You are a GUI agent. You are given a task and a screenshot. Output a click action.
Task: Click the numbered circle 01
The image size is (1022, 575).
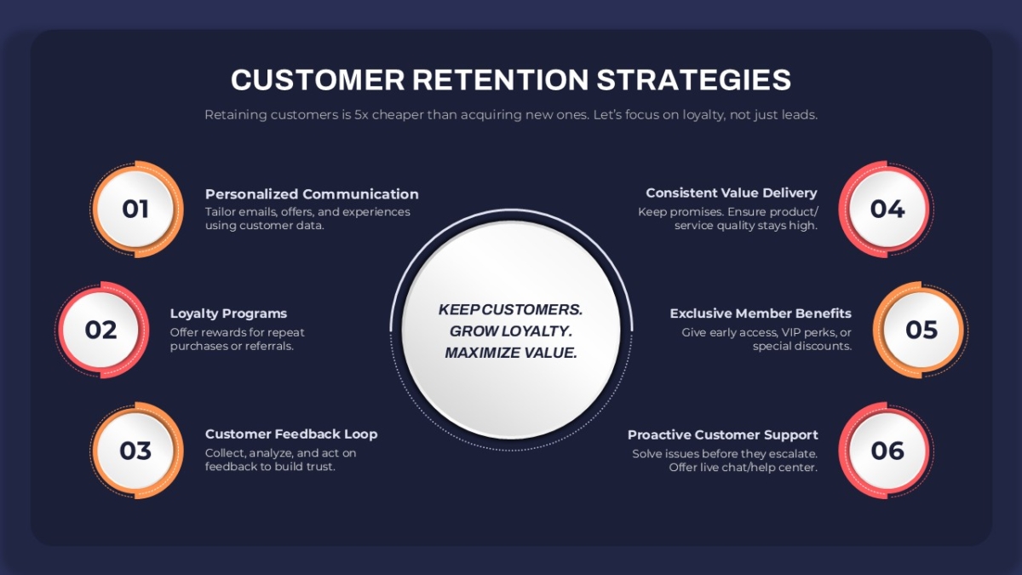136,209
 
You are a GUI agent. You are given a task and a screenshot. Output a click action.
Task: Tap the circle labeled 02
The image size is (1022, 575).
101,330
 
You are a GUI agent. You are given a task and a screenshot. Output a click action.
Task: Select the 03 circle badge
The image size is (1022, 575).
136,451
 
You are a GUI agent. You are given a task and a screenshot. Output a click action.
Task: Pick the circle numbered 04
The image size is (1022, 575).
887,209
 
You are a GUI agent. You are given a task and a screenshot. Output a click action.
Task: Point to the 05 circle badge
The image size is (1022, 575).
922,330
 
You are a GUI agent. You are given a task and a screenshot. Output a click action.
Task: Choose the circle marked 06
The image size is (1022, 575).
887,451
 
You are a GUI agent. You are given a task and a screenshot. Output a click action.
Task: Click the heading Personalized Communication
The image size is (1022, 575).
312,194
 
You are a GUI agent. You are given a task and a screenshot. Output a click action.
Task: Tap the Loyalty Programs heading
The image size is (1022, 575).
228,314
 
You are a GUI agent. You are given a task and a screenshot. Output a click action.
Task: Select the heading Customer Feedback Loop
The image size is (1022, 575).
291,434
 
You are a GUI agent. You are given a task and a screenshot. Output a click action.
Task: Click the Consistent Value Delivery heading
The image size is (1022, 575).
732,193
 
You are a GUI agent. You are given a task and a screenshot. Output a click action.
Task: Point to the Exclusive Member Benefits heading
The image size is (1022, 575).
761,313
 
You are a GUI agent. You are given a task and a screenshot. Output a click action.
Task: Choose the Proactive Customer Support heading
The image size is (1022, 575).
723,435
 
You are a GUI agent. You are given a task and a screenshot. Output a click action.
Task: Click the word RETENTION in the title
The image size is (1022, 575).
501,80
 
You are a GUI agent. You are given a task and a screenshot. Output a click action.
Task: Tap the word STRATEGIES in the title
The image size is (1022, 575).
694,80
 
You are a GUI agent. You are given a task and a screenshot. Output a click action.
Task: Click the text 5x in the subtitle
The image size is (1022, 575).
361,114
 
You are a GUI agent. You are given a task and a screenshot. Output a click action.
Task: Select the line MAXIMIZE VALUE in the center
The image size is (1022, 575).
511,353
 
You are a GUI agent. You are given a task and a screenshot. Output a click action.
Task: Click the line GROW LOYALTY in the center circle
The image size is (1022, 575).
511,331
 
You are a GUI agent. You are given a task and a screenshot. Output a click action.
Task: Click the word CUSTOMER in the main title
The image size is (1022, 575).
318,80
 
